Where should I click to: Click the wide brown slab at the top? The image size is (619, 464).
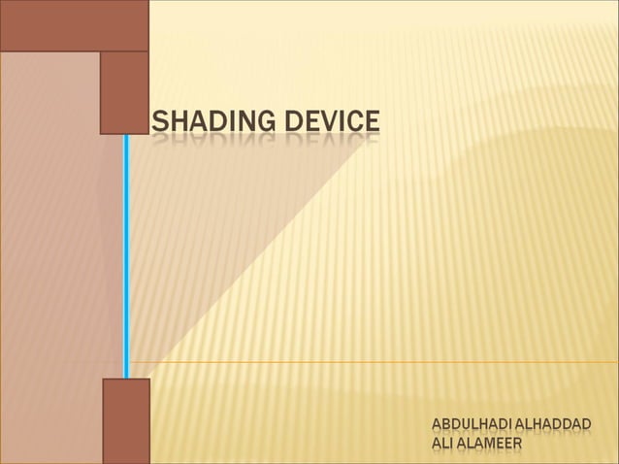click(74, 25)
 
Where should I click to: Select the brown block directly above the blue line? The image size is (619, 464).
click(124, 92)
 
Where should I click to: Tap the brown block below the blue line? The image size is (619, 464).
click(126, 420)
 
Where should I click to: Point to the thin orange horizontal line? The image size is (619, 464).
click(388, 362)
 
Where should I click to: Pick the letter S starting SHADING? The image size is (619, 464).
click(160, 122)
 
